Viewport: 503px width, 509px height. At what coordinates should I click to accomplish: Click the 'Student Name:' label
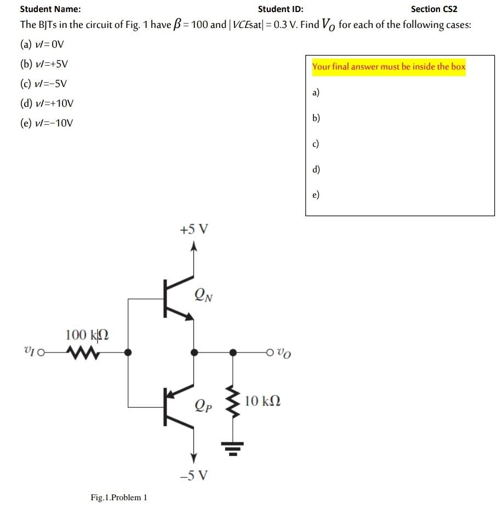point(50,9)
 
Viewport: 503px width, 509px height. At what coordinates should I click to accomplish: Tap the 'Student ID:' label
point(281,9)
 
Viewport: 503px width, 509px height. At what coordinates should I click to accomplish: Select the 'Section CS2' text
point(433,9)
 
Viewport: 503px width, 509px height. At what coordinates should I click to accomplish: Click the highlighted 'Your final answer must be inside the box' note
point(388,67)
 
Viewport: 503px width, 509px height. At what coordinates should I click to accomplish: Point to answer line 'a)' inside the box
point(316,93)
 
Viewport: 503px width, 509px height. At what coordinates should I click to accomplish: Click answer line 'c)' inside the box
point(316,144)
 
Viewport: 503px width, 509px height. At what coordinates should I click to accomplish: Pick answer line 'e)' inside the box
point(316,195)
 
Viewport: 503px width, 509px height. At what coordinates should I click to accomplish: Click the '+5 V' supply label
point(193,229)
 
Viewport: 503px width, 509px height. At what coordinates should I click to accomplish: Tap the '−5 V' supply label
point(193,475)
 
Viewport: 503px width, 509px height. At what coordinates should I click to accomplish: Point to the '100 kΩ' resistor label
point(87,334)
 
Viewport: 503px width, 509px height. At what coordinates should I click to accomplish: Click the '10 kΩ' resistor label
point(263,401)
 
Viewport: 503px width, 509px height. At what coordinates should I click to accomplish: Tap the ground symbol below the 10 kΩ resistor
point(233,450)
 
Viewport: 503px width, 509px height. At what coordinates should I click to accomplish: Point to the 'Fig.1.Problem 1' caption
point(119,498)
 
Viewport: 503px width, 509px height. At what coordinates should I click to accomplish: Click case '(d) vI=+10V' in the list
point(47,103)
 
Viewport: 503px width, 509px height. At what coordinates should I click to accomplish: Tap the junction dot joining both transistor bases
point(128,353)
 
